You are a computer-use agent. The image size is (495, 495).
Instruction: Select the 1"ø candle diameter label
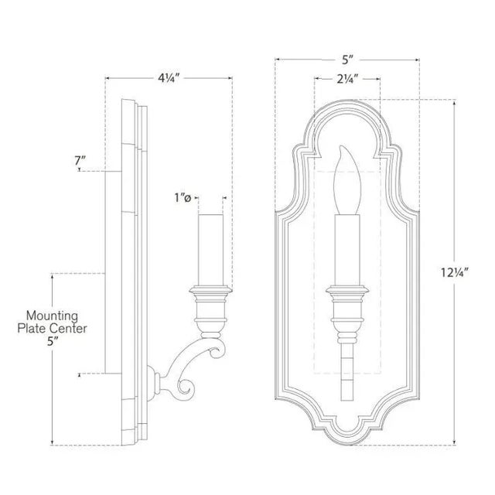[x=182, y=199]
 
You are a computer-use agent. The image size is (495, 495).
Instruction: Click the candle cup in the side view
[x=210, y=306]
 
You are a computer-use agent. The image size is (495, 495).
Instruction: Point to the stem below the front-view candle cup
[x=346, y=360]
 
